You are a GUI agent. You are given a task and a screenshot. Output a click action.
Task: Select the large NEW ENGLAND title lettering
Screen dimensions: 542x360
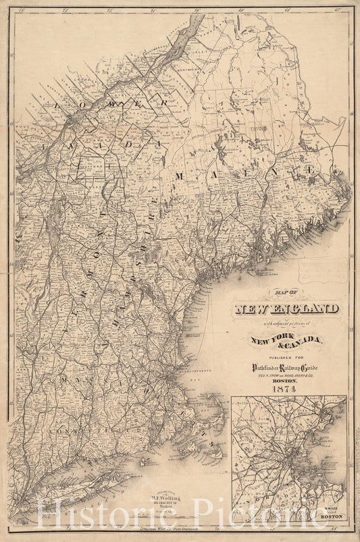(x=286, y=310)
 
